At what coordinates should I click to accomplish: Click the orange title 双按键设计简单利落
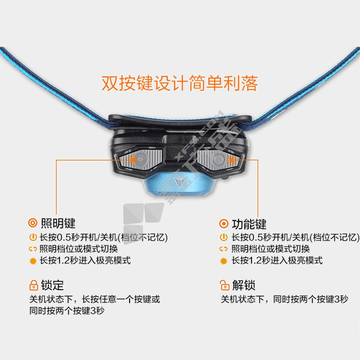coord(180,83)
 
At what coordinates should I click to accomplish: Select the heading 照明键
coord(58,223)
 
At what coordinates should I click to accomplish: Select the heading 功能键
coord(249,224)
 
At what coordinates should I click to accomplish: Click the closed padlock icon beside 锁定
coord(33,285)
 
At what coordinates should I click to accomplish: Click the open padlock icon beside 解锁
coord(224,285)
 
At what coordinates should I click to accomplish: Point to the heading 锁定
coord(52,285)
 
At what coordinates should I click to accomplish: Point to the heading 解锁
coord(243,285)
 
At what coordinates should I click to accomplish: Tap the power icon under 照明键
coord(33,237)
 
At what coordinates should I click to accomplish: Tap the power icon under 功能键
coord(224,237)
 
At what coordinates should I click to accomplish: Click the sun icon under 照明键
coord(33,261)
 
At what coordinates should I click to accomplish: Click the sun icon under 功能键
coord(224,261)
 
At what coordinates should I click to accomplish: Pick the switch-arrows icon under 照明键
coord(33,249)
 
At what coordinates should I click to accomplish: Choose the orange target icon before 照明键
coord(32,223)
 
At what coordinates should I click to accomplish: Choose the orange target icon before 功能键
coord(224,224)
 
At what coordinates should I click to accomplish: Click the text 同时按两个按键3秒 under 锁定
coord(67,310)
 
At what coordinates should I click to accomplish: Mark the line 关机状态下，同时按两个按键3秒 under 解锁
coord(284,299)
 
